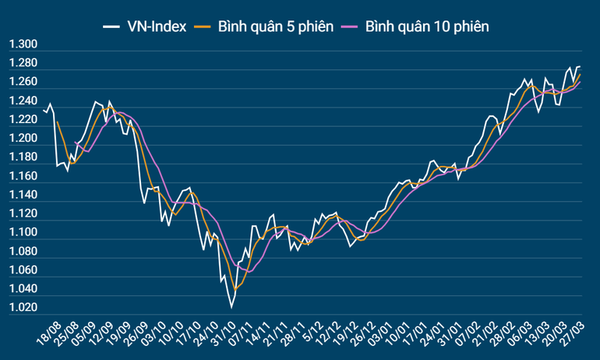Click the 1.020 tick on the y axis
23,308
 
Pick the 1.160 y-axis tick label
23,176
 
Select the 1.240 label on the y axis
23,101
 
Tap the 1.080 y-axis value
23,252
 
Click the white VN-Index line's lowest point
231,308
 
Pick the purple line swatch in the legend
353,27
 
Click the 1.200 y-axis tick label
23,139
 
